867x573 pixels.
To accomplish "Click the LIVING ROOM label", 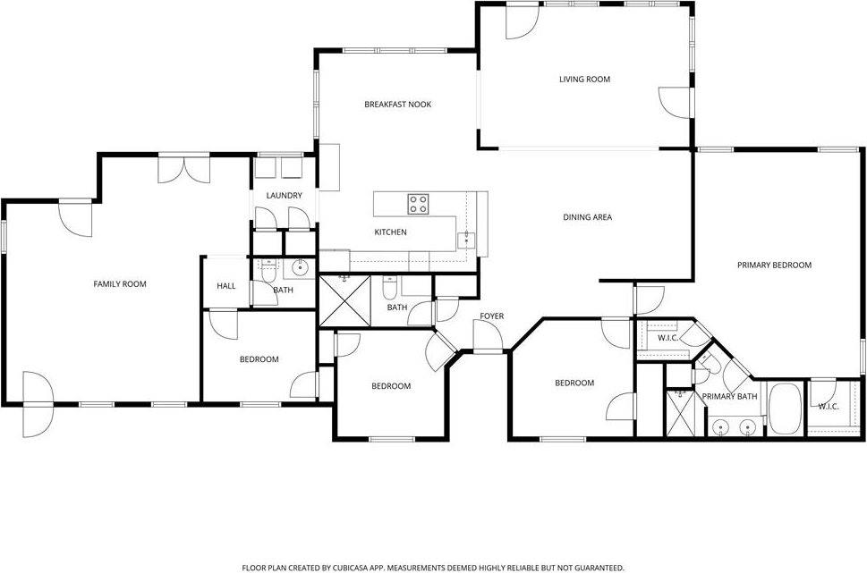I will (x=584, y=80).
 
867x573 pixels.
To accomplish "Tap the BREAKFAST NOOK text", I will (x=397, y=105).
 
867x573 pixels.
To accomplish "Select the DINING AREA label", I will (x=587, y=217).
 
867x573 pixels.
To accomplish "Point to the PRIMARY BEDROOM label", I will (x=774, y=265).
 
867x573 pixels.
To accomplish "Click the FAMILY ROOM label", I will (x=120, y=284).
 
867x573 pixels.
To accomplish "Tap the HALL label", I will (x=226, y=286).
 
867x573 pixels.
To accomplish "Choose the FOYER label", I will (x=492, y=316).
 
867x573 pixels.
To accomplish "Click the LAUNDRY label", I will (x=284, y=196).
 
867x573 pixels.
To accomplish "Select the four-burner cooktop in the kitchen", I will (x=419, y=204).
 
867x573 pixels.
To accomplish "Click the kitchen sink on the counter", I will (x=465, y=239).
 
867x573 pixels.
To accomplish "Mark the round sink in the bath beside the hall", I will (x=301, y=267).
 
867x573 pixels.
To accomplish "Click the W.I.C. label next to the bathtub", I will (x=829, y=407).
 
